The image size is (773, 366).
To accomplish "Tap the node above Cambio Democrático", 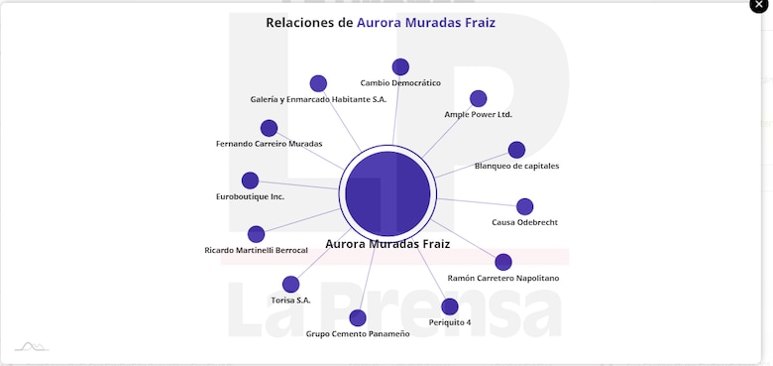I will (x=400, y=67).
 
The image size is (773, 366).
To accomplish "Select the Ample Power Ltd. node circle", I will (x=478, y=98).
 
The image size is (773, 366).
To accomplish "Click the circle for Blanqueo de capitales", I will (x=516, y=150).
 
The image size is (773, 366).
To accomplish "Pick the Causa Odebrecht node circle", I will (x=524, y=206).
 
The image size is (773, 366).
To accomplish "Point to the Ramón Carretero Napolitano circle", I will (x=502, y=262).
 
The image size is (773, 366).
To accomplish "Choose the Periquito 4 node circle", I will (x=450, y=306).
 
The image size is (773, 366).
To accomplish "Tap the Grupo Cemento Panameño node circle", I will (x=358, y=317).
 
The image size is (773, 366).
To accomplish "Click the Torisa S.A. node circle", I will (x=290, y=285).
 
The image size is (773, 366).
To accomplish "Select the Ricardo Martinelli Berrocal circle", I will (x=256, y=234).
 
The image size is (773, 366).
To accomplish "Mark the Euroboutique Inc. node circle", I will (x=250, y=181).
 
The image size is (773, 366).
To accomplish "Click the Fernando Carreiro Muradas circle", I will (x=269, y=128).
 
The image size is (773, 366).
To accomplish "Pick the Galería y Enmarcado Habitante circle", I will (x=318, y=83).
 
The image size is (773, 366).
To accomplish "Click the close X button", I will (x=758, y=5).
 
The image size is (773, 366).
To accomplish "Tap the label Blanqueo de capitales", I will (x=516, y=166).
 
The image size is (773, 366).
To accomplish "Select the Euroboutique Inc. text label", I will (x=250, y=196).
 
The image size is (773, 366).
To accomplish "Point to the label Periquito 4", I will (x=450, y=322).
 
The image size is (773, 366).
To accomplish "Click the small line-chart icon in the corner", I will (x=31, y=346).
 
